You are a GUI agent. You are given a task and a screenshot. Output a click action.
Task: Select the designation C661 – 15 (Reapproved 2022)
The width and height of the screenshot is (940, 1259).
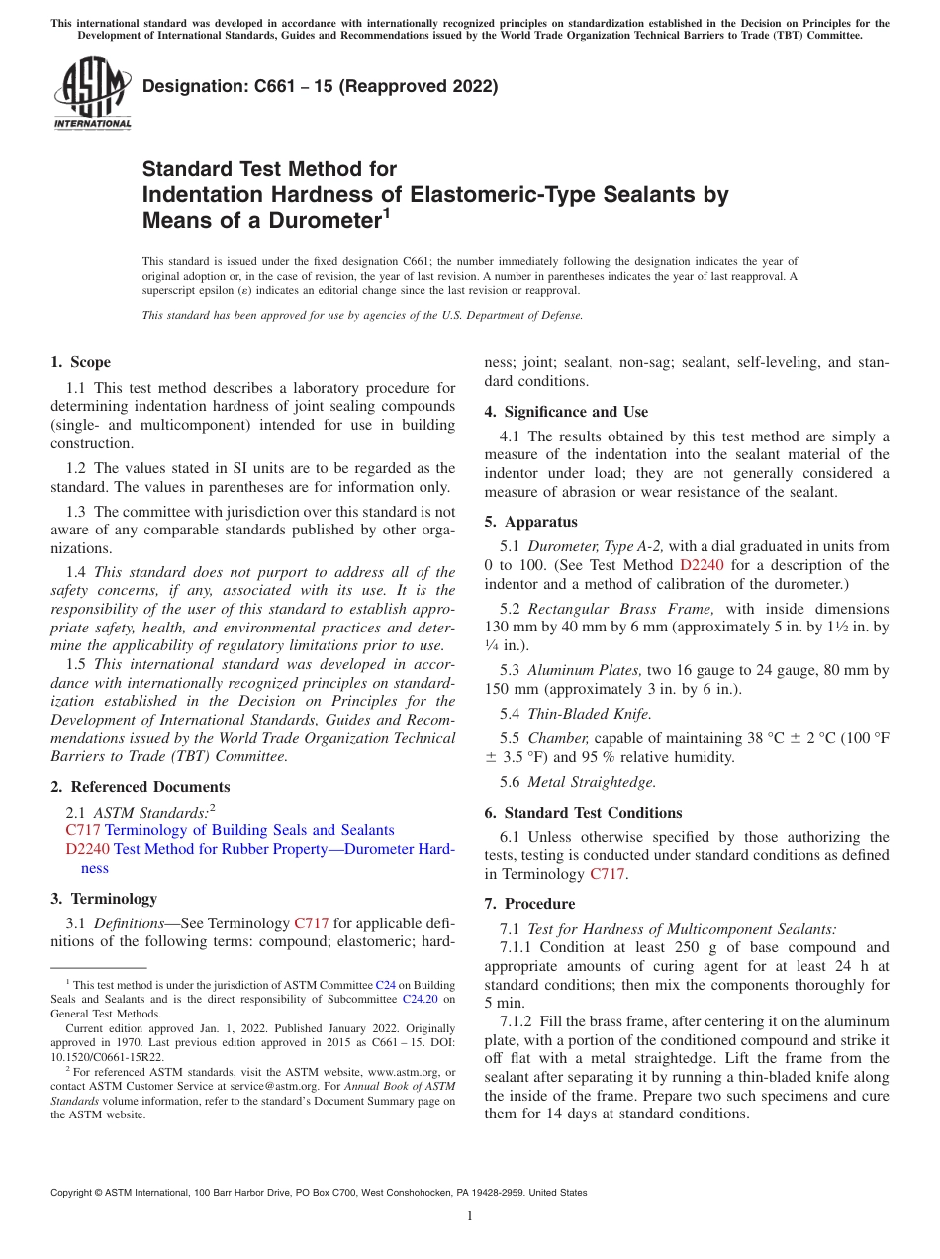(320, 86)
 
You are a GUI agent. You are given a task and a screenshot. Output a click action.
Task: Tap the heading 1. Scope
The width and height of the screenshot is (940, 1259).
(81, 362)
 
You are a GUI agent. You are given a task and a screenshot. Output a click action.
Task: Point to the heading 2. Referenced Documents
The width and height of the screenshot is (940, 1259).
(141, 787)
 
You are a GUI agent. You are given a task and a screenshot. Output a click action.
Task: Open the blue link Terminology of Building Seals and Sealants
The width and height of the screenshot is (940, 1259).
(249, 830)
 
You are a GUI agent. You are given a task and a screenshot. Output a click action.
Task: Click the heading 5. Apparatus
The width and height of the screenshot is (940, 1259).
(530, 522)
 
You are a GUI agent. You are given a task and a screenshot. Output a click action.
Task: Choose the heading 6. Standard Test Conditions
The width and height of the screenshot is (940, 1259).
(583, 813)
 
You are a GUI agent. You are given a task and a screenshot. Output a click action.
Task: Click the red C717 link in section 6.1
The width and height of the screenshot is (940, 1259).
(607, 874)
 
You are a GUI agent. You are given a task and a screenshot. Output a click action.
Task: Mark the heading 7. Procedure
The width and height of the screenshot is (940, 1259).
(529, 904)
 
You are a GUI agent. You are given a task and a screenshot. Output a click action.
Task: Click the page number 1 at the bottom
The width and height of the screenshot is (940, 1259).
(470, 1216)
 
